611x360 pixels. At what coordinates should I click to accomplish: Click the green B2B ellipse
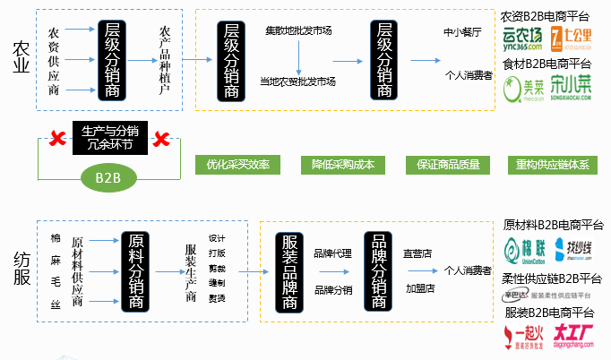point(108,177)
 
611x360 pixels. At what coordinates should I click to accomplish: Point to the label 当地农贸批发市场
point(297,81)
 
